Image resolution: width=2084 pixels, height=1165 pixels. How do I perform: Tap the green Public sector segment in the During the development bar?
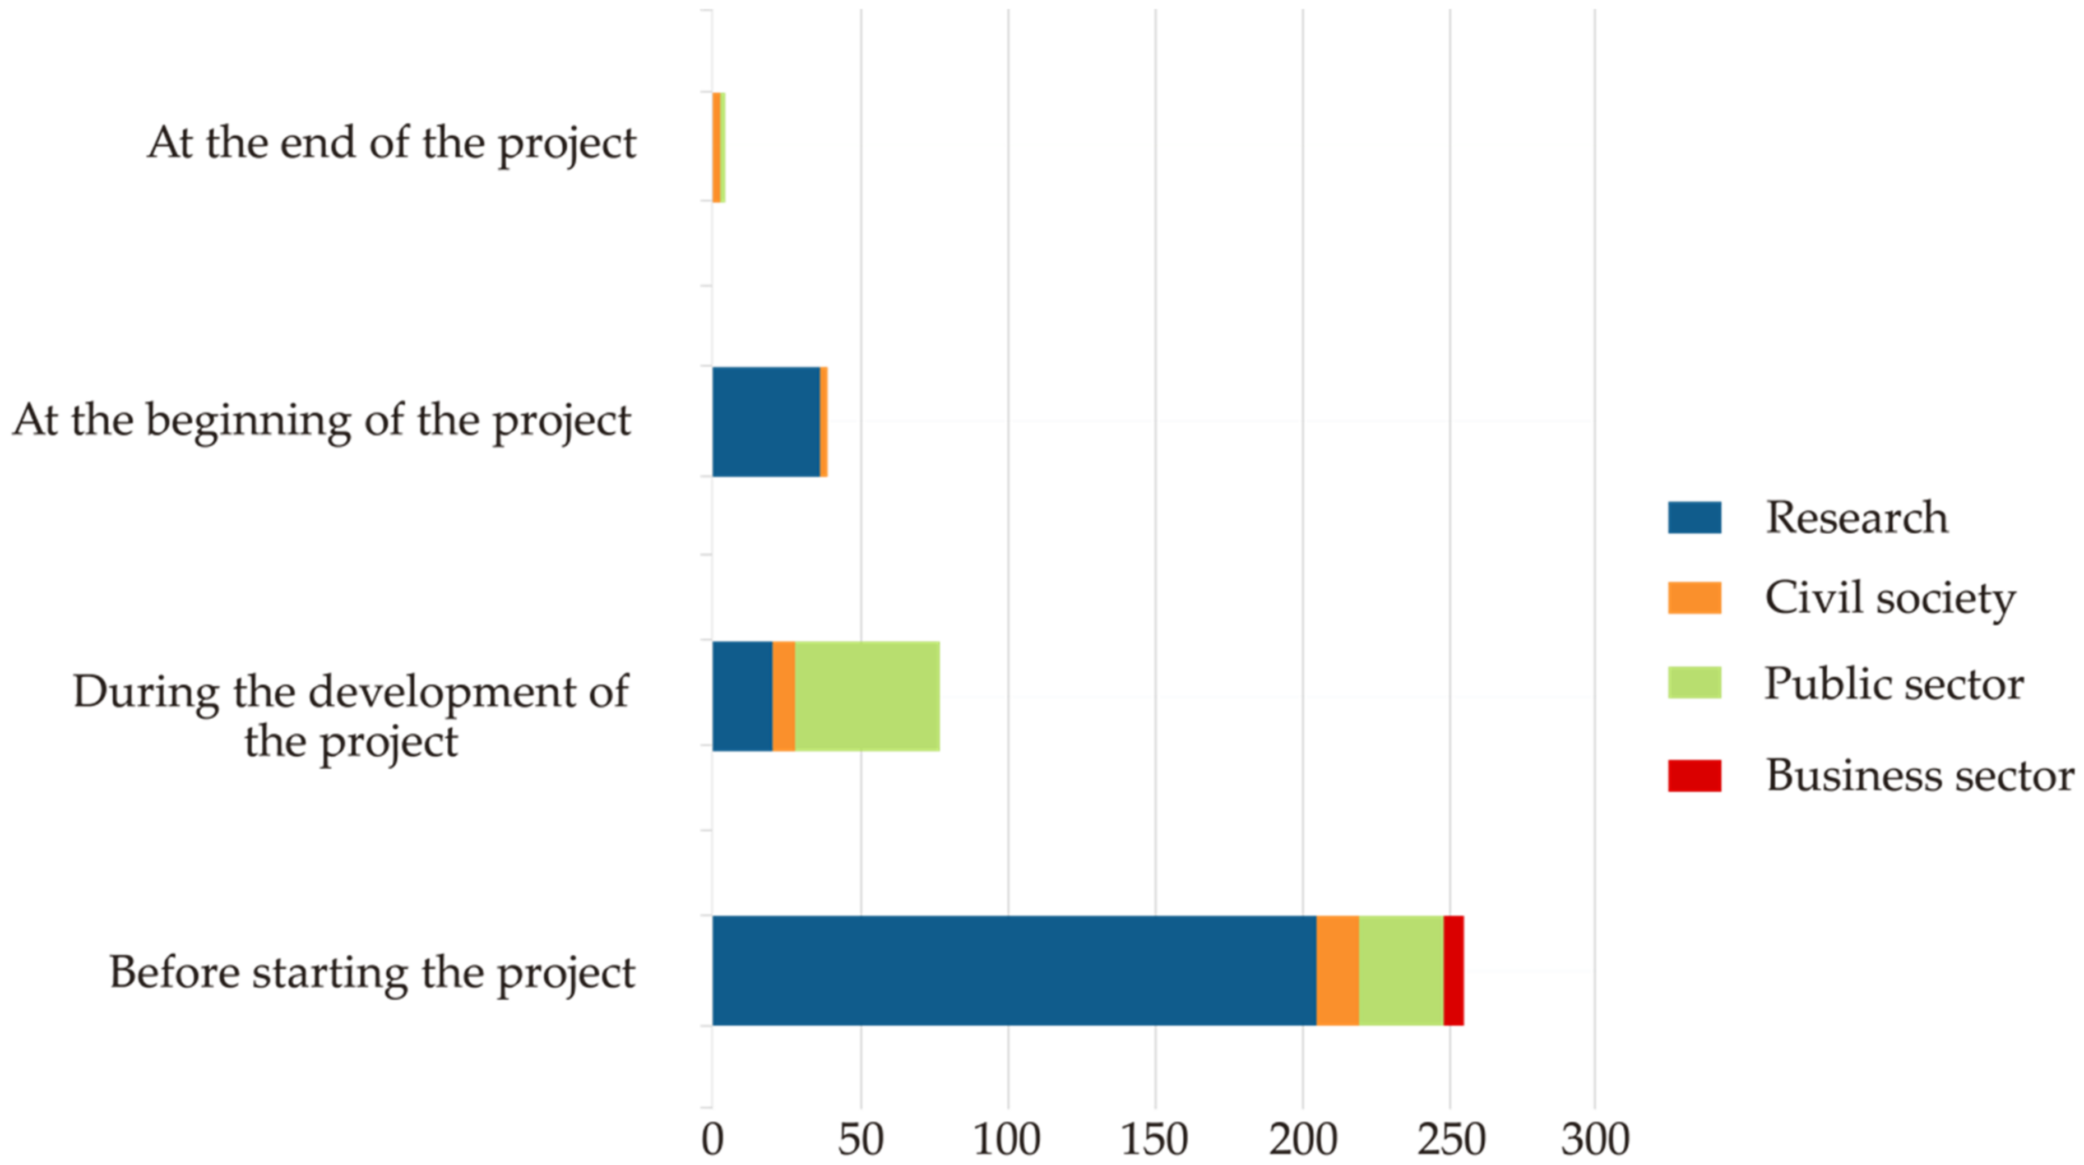pyautogui.click(x=867, y=696)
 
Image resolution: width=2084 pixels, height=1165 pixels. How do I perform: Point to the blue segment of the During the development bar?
pyautogui.click(x=742, y=696)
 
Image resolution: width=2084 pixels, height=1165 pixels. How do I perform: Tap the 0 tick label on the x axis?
pyautogui.click(x=712, y=1140)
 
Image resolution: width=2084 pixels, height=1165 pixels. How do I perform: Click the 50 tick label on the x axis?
pyautogui.click(x=860, y=1140)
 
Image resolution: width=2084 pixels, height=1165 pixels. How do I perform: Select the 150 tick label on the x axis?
pyautogui.click(x=1155, y=1140)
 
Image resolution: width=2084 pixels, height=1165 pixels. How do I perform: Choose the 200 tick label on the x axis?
pyautogui.click(x=1302, y=1140)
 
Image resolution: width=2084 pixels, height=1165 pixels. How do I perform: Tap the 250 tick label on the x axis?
pyautogui.click(x=1449, y=1140)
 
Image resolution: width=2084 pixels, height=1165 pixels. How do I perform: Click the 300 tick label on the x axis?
pyautogui.click(x=1595, y=1140)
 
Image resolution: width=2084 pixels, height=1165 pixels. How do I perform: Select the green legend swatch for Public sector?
pyautogui.click(x=1694, y=683)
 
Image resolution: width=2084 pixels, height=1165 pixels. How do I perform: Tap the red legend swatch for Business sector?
pyautogui.click(x=1694, y=775)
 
